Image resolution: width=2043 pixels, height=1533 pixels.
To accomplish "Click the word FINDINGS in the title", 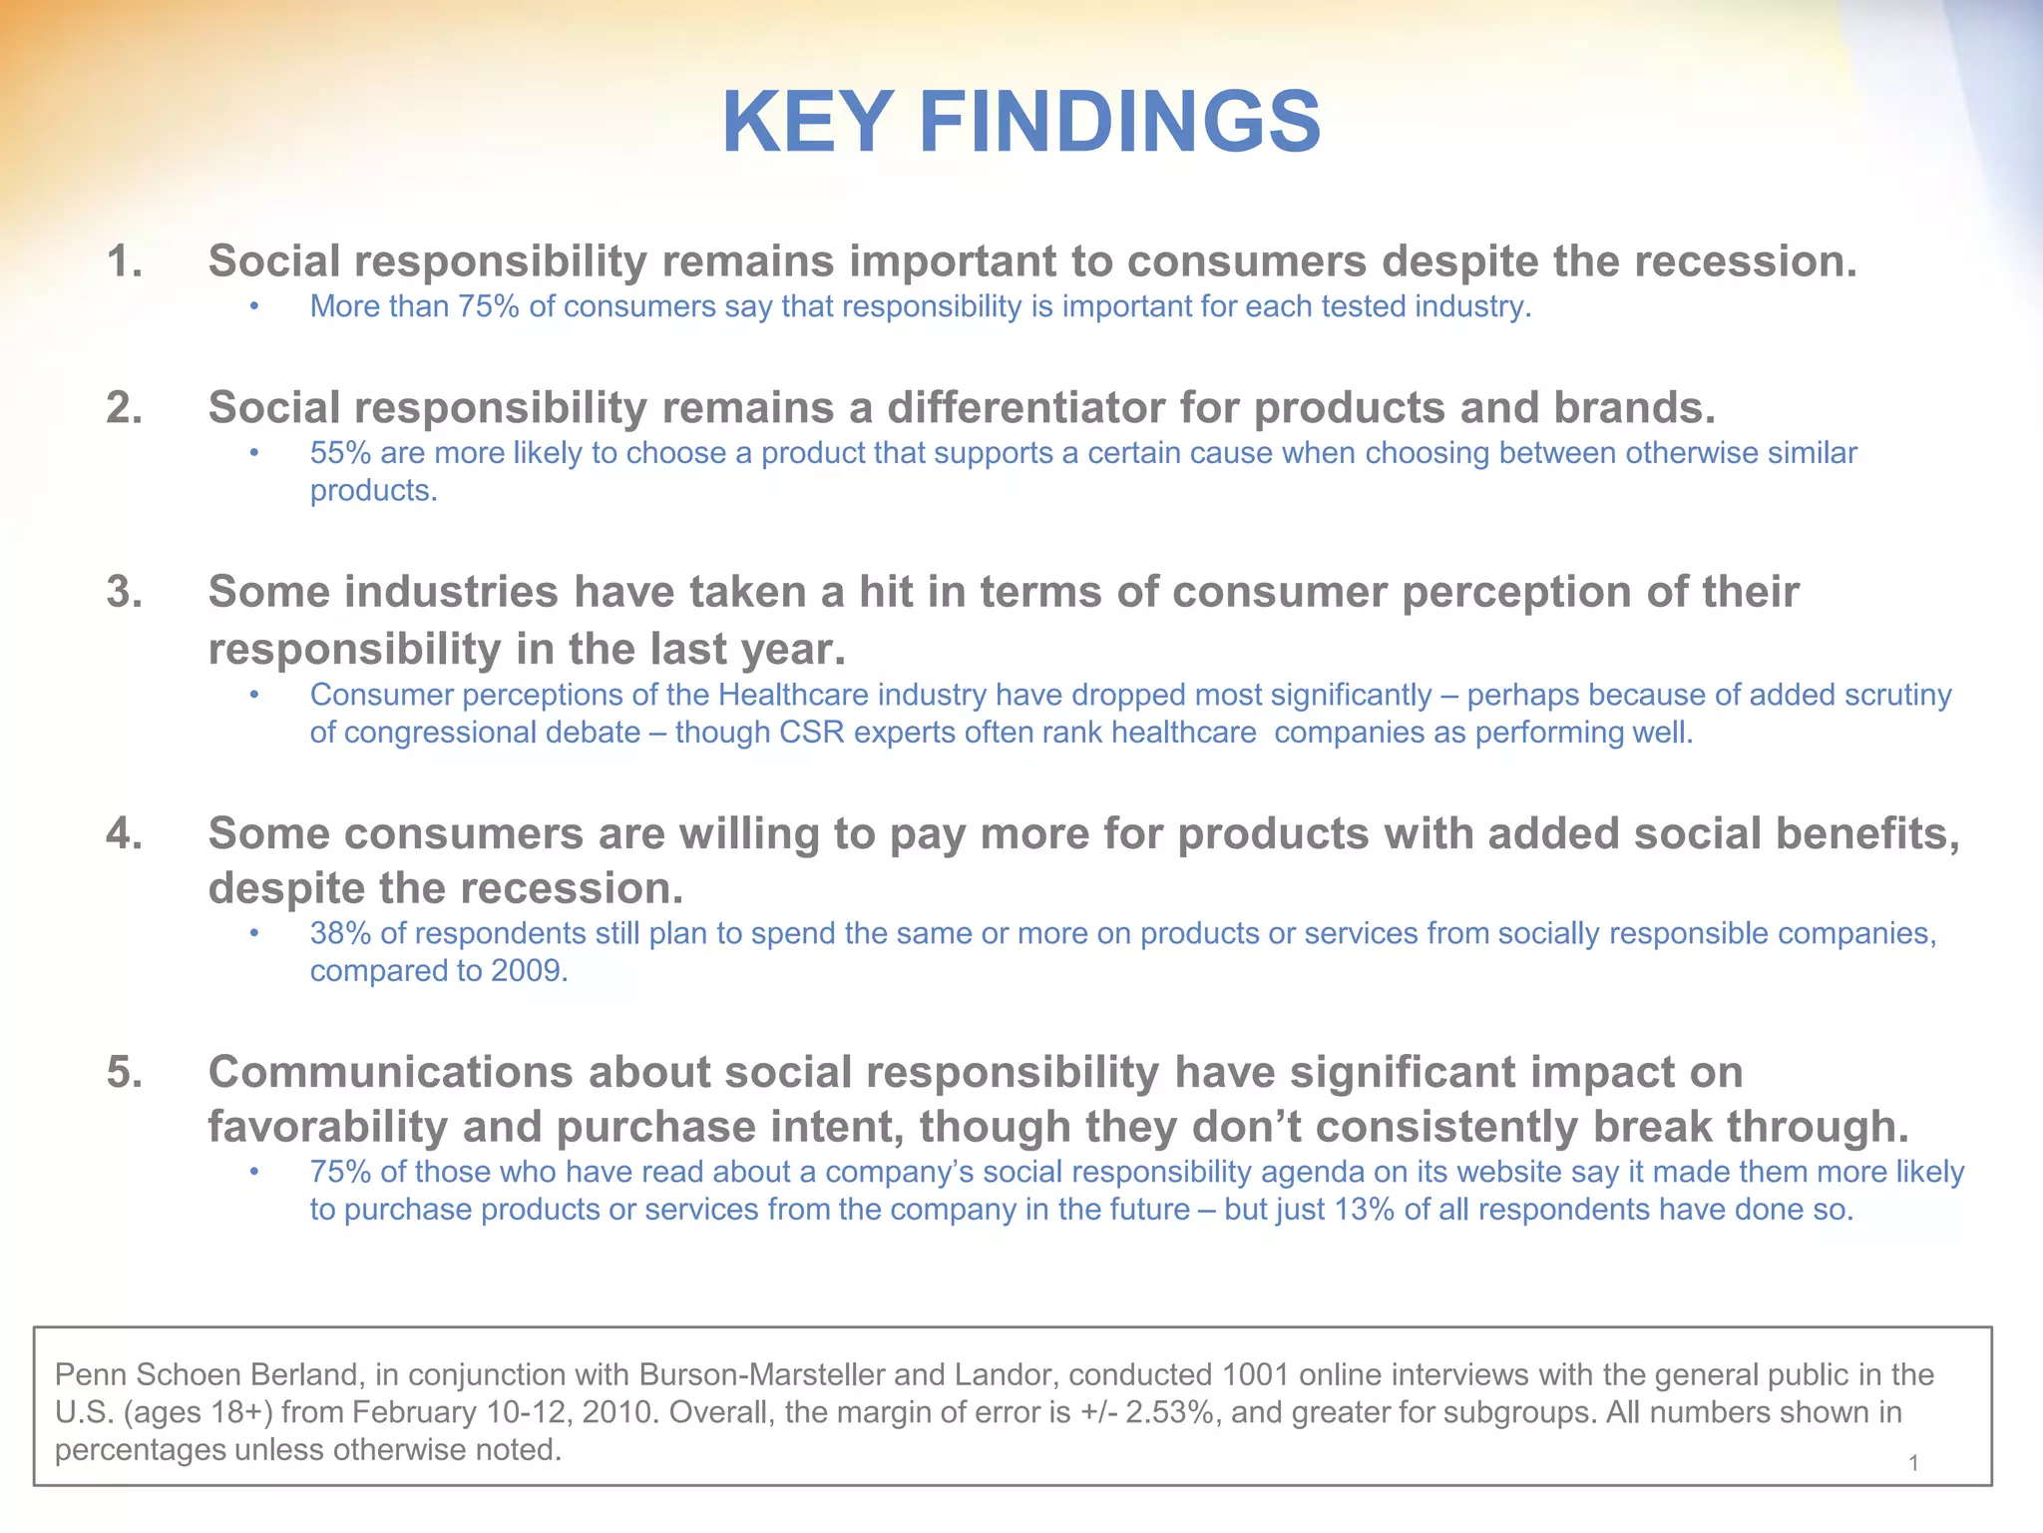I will (1121, 123).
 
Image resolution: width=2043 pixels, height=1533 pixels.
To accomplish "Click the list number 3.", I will (124, 592).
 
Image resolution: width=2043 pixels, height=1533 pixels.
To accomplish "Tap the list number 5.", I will (124, 1073).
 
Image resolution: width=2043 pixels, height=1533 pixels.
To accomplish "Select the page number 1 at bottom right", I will (1913, 1464).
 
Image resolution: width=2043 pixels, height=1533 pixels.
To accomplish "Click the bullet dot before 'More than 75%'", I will (254, 307).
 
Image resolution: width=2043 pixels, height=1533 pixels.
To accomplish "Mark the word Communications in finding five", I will (390, 1073).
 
